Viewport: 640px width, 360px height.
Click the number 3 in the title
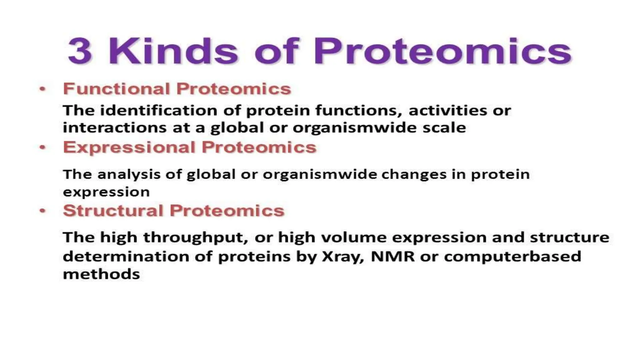click(x=80, y=51)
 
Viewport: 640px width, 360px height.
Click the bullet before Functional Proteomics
click(x=42, y=89)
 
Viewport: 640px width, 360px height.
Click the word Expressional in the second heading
click(x=129, y=147)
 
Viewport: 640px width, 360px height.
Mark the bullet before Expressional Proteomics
click(x=42, y=147)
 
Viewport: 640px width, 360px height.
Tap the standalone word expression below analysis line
click(x=106, y=192)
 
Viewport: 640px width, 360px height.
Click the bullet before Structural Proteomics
click(x=42, y=211)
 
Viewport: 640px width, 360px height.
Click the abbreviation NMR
click(x=392, y=257)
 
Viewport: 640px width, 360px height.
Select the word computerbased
click(x=512, y=257)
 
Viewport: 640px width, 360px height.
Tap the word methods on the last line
click(x=101, y=274)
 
